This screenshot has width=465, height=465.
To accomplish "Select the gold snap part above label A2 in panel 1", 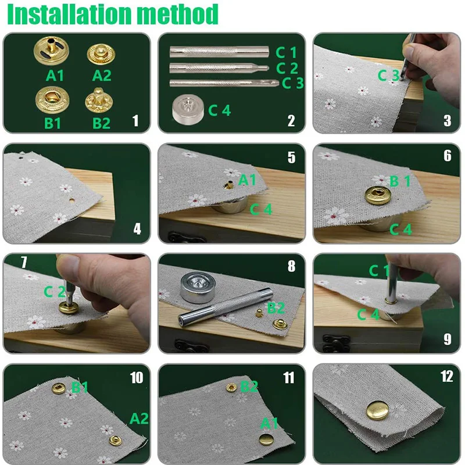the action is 101,54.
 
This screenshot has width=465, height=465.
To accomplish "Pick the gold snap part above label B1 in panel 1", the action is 52,99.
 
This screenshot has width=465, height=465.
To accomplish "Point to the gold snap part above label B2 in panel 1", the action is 99,100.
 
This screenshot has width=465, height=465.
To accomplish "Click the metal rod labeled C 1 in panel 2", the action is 219,52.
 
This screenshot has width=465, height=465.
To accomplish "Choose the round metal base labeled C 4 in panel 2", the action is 188,109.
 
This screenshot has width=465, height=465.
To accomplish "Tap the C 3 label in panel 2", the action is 293,83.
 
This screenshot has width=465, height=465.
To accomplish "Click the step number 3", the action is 447,120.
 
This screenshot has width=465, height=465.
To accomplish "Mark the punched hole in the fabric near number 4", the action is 71,201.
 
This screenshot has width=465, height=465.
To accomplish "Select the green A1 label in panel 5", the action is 247,180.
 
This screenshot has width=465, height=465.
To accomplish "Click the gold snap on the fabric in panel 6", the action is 378,195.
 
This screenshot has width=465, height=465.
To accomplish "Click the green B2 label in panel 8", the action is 276,308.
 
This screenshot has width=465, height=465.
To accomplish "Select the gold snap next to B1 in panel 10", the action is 59,388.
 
